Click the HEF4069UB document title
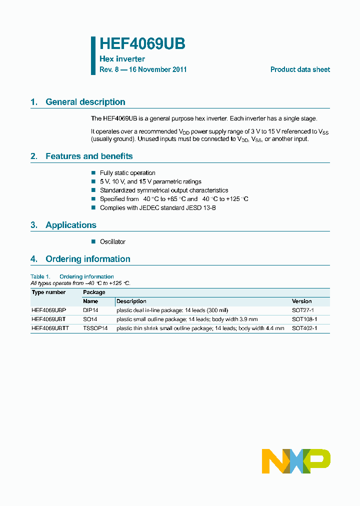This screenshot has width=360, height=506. [142, 44]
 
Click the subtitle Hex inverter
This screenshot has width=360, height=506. [122, 59]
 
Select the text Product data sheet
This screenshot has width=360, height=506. [300, 69]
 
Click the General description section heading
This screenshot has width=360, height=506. [85, 102]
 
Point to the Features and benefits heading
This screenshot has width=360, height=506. [89, 156]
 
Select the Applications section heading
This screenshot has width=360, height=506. [70, 225]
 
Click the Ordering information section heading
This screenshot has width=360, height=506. [87, 259]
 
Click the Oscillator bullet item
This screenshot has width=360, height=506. [112, 241]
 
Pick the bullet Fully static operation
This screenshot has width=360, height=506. [127, 173]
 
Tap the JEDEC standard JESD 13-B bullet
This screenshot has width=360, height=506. [157, 207]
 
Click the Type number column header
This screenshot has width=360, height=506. [48, 292]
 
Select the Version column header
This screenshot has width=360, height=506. [301, 301]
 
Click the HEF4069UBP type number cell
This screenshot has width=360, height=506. [48, 310]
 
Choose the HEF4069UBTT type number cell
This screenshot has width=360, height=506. [50, 328]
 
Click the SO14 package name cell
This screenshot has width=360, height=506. [90, 319]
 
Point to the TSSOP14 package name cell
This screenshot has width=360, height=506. [95, 328]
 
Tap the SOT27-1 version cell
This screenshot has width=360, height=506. [302, 310]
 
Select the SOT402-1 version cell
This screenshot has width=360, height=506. [304, 328]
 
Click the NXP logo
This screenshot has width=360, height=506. [296, 461]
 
